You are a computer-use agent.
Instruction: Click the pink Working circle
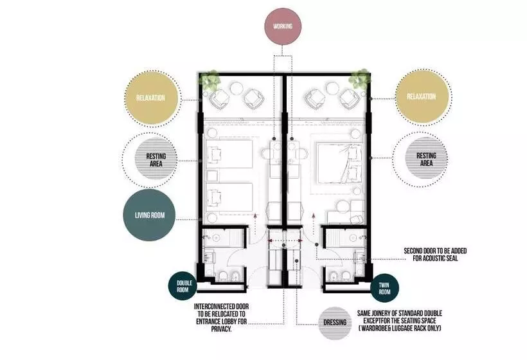[x=283, y=26]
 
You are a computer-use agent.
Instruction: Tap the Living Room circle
[x=150, y=215]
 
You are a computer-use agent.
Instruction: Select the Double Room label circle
[x=183, y=286]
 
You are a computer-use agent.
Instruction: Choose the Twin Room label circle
[x=384, y=289]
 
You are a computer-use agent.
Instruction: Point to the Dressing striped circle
[x=335, y=323]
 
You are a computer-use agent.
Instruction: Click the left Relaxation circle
[x=150, y=98]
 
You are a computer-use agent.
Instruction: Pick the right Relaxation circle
[x=421, y=97]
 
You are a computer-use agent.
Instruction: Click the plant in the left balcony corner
[x=211, y=80]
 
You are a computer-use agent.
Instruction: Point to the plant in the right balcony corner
[x=359, y=79]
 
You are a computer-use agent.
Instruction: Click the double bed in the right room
[x=339, y=163]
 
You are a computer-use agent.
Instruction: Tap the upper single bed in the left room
[x=229, y=154]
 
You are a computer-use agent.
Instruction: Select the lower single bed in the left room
[x=229, y=197]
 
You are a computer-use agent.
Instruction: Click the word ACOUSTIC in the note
[x=434, y=258]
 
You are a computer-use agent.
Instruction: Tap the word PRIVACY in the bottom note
[x=222, y=329]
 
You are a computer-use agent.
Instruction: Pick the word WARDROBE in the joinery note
[x=374, y=328]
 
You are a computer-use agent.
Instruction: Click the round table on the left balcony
[x=237, y=89]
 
